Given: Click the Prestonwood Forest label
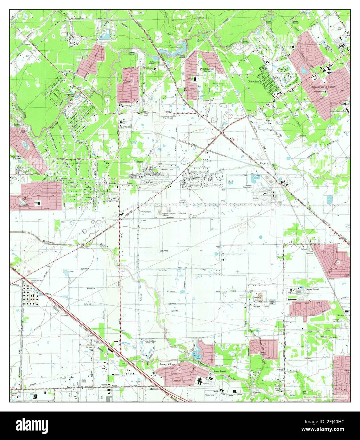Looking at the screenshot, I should tap(207, 70).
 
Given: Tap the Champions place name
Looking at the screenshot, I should tap(254, 81).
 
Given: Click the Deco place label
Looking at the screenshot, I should tap(249, 110).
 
